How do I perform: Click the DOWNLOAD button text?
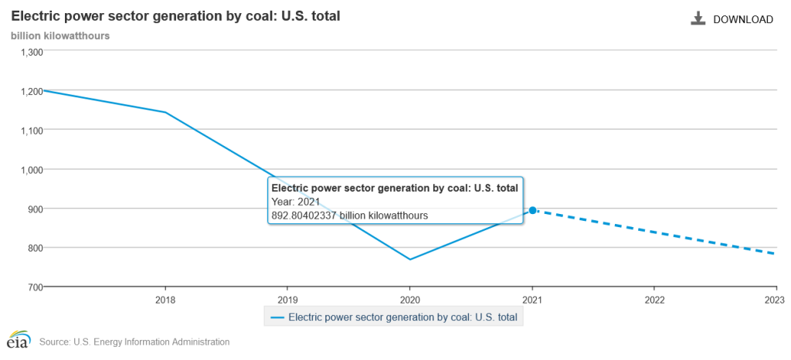coord(742,19)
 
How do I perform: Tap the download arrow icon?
coord(698,19)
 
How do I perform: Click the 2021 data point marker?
coord(532,210)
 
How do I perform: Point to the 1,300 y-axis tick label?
coord(32,52)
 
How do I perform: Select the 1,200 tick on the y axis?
coord(32,91)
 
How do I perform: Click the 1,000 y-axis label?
coord(32,169)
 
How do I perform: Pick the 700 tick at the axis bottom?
coord(36,287)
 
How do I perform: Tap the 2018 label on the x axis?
coord(165,299)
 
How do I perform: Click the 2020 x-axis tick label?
coord(409,299)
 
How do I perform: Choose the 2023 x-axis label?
coord(775,299)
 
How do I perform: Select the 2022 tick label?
coord(654,299)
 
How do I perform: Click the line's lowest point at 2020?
coord(409,260)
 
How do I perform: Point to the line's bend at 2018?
coord(165,113)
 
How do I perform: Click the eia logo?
coord(18,341)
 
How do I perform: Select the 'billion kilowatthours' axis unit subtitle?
coord(59,36)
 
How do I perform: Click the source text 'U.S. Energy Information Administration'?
coord(152,341)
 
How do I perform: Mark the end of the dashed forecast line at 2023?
coord(775,253)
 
